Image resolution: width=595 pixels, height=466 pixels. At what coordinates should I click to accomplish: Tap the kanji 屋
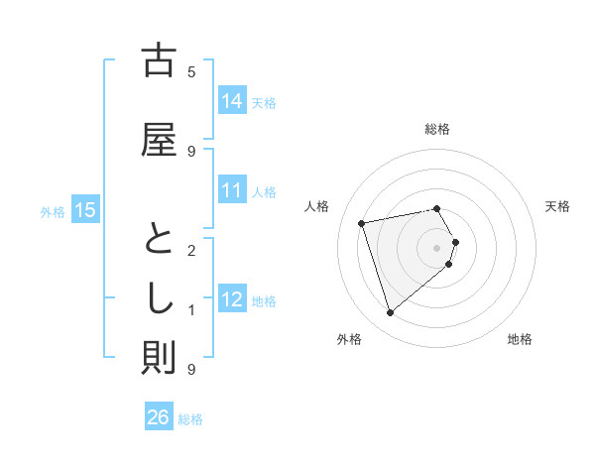(159, 139)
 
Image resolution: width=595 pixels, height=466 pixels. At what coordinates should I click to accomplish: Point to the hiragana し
(159, 297)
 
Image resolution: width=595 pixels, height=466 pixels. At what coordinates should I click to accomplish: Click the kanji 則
(159, 357)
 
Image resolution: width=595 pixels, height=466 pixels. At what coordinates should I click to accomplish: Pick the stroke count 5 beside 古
(191, 71)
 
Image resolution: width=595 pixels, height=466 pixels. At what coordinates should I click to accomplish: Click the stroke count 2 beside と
(191, 250)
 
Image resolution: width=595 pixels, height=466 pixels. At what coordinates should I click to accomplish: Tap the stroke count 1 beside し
(191, 310)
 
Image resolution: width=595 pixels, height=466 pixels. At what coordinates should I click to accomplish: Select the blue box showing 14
(232, 101)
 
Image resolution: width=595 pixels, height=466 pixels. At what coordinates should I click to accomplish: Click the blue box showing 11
(232, 190)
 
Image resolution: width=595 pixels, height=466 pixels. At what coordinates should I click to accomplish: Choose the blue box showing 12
(232, 299)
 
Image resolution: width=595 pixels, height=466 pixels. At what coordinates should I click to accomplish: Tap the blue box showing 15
(85, 210)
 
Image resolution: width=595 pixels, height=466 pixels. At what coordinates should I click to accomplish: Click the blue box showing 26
(159, 418)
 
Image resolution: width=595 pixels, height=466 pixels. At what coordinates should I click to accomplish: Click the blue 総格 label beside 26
(190, 419)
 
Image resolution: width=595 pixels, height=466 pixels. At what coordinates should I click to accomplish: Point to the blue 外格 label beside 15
(53, 211)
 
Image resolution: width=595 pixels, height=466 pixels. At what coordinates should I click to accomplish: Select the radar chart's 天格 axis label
(557, 206)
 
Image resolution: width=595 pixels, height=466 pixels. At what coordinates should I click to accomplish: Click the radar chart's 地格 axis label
(520, 339)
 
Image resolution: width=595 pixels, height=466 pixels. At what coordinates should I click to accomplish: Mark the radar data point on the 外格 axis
(391, 313)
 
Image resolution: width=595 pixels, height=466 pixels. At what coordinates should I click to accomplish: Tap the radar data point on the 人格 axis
(362, 222)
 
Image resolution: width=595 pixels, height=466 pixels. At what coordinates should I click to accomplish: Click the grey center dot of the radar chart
(436, 247)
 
